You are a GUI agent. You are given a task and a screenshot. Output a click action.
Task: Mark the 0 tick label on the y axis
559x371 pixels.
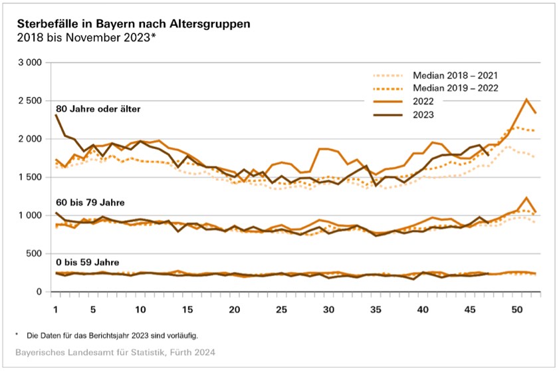tap(39, 292)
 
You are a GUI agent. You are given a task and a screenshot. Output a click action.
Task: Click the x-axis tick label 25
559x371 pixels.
tap(282, 310)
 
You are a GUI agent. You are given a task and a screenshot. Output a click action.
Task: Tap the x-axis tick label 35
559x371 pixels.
tap(376, 310)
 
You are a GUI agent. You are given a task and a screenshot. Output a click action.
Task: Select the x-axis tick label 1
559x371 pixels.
tap(56, 310)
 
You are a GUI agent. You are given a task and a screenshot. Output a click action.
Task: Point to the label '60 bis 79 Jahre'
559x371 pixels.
tap(89, 201)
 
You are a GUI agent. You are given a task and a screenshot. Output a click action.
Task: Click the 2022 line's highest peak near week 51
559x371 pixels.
tap(526, 100)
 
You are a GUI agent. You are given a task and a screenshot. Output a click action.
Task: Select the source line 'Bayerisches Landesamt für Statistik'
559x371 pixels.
tap(116, 350)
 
